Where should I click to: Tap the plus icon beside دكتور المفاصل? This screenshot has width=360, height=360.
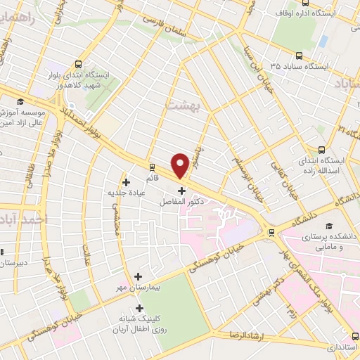click(182, 191)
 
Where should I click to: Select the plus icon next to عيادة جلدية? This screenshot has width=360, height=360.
click(126, 182)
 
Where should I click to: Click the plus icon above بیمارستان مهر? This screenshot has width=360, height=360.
click(138, 276)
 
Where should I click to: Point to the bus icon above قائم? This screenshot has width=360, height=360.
click(152, 167)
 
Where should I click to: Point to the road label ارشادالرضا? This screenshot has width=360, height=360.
click(259, 335)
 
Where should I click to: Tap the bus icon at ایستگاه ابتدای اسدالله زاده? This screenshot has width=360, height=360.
click(322, 149)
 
